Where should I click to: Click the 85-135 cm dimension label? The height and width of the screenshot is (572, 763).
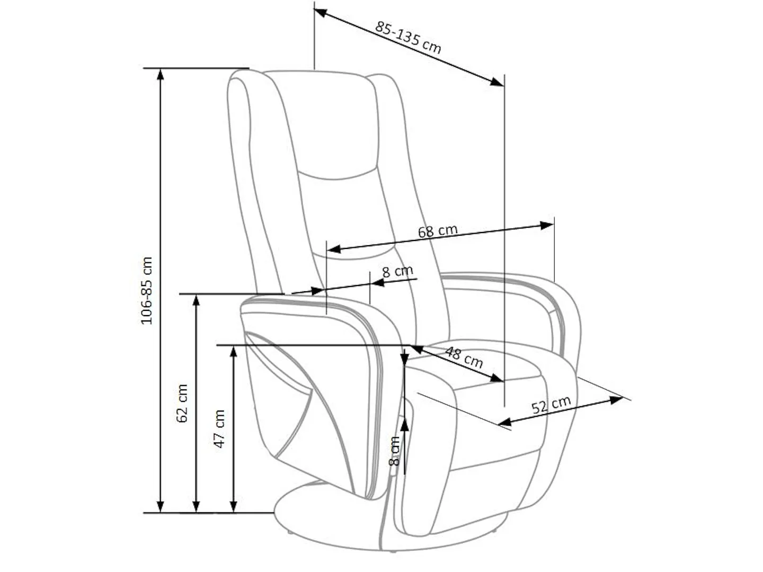(x=408, y=37)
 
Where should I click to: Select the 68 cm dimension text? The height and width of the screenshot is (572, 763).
(x=437, y=231)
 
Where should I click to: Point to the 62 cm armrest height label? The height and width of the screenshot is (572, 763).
(x=182, y=403)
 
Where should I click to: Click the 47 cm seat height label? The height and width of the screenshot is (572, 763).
(x=219, y=428)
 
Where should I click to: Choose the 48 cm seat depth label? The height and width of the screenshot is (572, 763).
(x=464, y=358)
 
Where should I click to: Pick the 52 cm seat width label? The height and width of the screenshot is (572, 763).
(x=551, y=405)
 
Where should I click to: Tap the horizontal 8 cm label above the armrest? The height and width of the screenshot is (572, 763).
(x=397, y=271)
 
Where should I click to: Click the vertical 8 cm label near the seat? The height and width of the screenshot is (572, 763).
(x=394, y=451)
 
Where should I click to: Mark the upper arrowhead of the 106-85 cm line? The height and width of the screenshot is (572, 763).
(x=160, y=74)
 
